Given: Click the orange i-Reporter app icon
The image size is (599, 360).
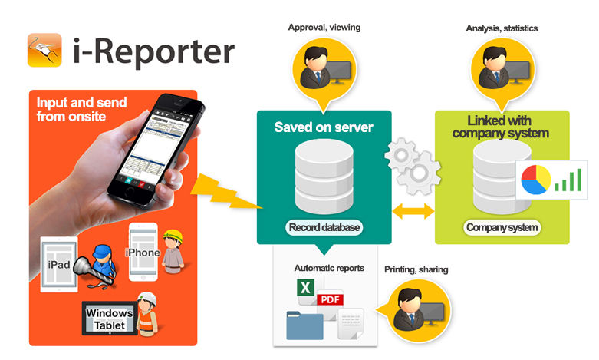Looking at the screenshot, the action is (x=44, y=50).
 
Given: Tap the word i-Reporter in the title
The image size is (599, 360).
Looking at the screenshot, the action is (x=153, y=51).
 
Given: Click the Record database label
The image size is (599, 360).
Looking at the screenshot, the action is (x=324, y=227).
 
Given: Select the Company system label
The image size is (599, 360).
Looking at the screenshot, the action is (x=502, y=227).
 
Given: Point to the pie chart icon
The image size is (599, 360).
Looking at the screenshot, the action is (x=536, y=180).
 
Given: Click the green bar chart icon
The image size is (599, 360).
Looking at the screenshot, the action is (x=568, y=180).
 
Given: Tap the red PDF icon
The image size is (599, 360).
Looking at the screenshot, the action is (x=330, y=299).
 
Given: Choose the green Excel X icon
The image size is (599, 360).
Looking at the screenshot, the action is (x=305, y=287).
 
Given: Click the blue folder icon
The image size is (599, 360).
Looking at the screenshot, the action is (x=304, y=325).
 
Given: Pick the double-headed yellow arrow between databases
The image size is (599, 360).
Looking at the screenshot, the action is (x=413, y=211).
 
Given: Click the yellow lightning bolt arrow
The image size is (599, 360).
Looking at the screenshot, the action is (x=225, y=192).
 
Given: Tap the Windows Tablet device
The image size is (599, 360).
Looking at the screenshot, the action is (x=110, y=319).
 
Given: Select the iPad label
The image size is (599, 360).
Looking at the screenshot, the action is (x=59, y=265).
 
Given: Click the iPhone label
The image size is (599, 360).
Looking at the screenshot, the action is (x=143, y=253).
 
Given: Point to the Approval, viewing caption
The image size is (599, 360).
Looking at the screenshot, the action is (x=324, y=28).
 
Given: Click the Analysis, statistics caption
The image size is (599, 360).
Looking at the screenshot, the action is (x=502, y=28).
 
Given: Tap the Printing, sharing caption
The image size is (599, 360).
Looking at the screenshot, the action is (x=416, y=270).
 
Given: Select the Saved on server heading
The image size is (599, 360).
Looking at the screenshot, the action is (x=324, y=127).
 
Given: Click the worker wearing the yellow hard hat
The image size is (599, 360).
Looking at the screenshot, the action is (x=173, y=252).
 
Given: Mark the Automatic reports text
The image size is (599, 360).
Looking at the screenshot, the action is (x=329, y=269).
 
